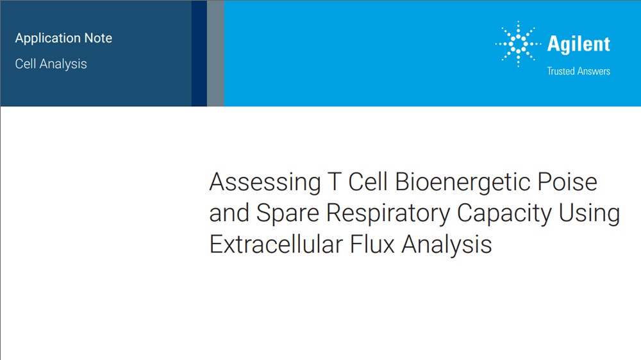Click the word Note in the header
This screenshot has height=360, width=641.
(x=98, y=38)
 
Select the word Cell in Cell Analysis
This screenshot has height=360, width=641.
(x=26, y=64)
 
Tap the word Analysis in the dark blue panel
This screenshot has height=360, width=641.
(x=63, y=64)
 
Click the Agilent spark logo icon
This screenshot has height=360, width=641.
(x=518, y=44)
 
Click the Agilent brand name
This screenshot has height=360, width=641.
(x=578, y=44)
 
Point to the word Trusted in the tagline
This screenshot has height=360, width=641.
(x=561, y=71)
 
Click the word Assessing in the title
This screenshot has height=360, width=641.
(x=265, y=183)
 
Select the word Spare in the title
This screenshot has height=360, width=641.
(x=287, y=214)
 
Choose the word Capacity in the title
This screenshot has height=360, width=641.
(x=504, y=214)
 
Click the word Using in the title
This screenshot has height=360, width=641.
(x=589, y=214)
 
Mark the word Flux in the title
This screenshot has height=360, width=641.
(x=372, y=244)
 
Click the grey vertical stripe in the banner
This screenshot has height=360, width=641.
(x=215, y=53)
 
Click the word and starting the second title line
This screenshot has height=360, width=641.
(x=229, y=213)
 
